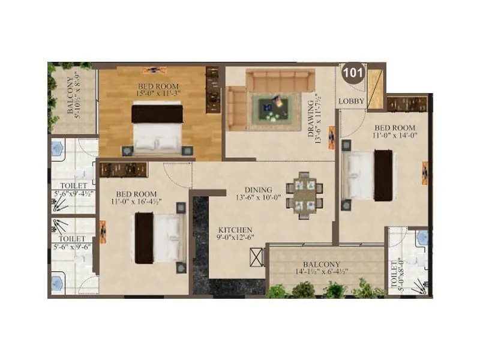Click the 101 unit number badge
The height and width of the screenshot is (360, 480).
(351, 74)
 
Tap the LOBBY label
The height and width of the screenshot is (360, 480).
(351, 101)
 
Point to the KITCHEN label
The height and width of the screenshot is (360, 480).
(235, 230)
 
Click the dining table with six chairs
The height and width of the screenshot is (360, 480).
(304, 196)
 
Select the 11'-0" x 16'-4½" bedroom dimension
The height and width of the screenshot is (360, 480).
(137, 202)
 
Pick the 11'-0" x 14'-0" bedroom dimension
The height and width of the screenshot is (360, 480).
(394, 136)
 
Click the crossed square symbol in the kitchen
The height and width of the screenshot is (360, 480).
(256, 260)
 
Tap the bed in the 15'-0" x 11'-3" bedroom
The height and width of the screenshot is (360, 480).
(157, 128)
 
